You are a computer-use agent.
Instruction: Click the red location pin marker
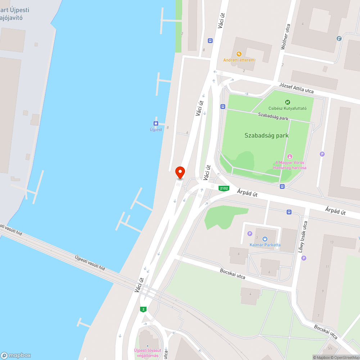coord(180,172)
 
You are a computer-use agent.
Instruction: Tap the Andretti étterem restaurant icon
coord(239,54)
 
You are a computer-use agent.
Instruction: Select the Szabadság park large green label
coord(266,136)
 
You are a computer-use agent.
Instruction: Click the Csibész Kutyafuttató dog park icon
coord(287,102)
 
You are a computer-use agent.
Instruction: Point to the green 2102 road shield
coord(224,188)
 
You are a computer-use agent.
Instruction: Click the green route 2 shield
coord(144,309)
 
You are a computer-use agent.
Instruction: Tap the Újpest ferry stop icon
coord(156,123)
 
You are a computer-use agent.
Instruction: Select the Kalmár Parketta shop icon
coord(265,239)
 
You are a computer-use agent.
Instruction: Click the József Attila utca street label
coord(296,88)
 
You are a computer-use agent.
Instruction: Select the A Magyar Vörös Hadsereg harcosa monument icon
coord(290,156)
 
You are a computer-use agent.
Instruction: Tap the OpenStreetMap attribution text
coord(345,357)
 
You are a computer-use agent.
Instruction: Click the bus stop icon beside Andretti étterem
coord(210,41)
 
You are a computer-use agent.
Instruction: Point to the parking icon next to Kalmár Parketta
coord(250,234)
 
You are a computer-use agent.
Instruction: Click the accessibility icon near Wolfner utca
coord(339,39)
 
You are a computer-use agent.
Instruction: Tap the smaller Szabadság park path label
coord(273,116)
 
